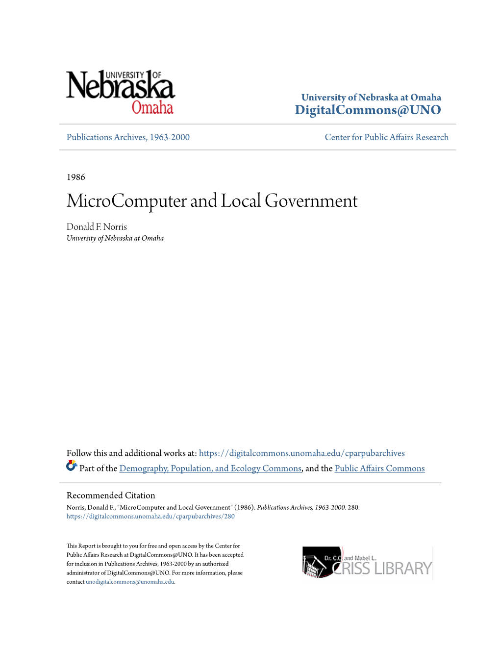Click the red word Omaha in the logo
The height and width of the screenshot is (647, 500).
(152, 107)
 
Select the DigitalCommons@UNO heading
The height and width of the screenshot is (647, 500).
(368, 110)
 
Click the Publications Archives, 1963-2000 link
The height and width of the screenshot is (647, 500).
(128, 137)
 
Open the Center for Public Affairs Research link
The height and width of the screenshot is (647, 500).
(386, 137)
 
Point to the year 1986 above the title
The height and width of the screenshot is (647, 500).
(76, 177)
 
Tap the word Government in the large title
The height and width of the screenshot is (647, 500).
(311, 201)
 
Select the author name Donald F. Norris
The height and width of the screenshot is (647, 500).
(97, 226)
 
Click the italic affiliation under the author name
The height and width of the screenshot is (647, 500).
(115, 238)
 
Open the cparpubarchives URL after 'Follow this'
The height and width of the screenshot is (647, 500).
(301, 453)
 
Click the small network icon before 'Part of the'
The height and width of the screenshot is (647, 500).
(72, 466)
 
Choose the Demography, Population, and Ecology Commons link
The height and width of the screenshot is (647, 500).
(210, 469)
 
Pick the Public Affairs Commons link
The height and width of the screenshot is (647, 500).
(379, 469)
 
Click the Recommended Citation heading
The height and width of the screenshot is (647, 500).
(111, 496)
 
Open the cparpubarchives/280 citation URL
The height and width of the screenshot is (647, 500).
(150, 516)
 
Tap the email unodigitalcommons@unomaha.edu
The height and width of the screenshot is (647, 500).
(130, 582)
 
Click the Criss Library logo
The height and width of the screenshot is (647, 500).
(367, 563)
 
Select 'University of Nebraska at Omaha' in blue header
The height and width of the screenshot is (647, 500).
(371, 97)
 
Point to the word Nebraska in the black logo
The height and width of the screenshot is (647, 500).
(120, 86)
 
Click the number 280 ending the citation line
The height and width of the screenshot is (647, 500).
(353, 507)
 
